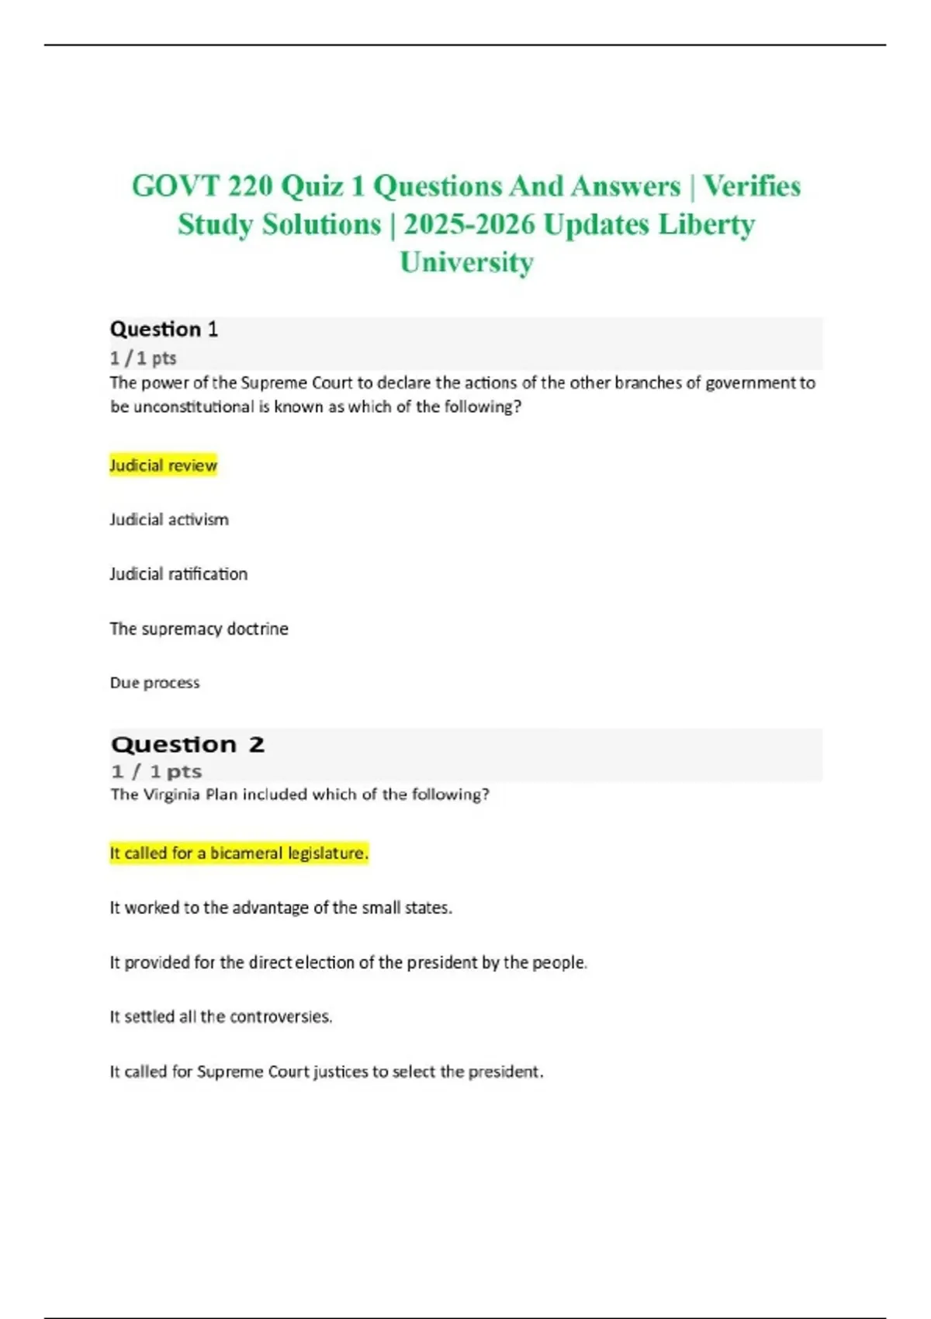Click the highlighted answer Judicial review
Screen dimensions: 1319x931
[163, 466]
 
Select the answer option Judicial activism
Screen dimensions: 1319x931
[169, 520]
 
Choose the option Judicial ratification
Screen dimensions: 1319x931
[178, 574]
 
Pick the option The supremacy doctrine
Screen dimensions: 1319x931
[199, 628]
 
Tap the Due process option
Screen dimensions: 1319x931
[154, 683]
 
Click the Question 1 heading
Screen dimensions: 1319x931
[164, 330]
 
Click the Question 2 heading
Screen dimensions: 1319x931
[187, 745]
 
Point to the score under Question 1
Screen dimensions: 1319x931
[144, 358]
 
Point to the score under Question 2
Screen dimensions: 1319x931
[156, 772]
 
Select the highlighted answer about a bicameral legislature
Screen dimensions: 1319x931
[239, 853]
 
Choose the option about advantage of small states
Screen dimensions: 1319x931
[281, 908]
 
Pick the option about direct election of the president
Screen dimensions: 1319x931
[348, 963]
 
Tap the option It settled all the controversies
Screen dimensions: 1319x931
[221, 1017]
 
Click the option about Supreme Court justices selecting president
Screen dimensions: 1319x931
[327, 1071]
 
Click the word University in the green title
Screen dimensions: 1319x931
[466, 262]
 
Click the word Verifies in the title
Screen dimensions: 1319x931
[752, 187]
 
